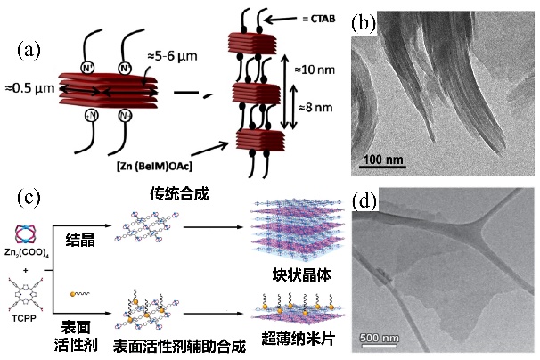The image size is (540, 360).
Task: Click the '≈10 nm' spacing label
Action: pos(312,70)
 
